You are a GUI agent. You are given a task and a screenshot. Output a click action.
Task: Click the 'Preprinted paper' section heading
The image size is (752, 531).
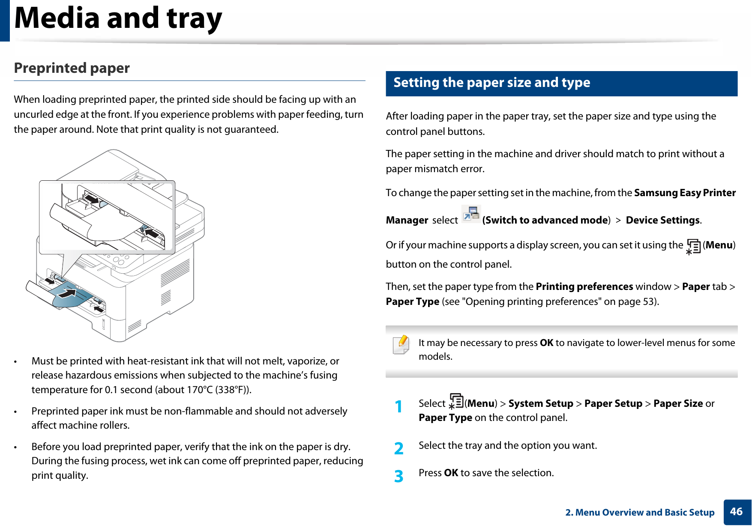(x=72, y=68)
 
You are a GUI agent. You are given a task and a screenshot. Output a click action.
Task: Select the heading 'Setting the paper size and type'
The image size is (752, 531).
(x=491, y=83)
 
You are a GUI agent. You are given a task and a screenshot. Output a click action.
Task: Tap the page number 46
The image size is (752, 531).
(x=736, y=512)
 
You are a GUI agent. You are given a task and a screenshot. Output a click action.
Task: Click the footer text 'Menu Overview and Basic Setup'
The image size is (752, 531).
(x=644, y=513)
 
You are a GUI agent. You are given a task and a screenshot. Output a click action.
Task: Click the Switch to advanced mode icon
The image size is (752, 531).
(x=471, y=214)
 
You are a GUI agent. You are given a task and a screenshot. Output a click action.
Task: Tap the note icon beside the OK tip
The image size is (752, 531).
(x=401, y=345)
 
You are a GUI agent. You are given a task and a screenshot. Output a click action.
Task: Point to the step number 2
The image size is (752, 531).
(x=398, y=448)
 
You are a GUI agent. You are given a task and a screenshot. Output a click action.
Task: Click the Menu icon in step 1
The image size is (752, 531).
(x=456, y=401)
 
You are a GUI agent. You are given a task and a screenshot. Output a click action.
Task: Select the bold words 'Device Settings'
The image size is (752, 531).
(x=662, y=221)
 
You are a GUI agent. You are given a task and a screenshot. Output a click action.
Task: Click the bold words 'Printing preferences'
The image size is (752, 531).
(x=584, y=286)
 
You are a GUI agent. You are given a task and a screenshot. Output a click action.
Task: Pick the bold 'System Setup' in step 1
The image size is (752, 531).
(x=540, y=404)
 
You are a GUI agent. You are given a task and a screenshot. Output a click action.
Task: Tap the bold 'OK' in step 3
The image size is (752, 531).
(x=451, y=473)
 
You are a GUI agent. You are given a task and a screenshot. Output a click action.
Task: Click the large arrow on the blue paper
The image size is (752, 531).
(x=67, y=293)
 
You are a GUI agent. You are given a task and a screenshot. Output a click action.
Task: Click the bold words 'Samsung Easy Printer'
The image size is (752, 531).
(x=684, y=193)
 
